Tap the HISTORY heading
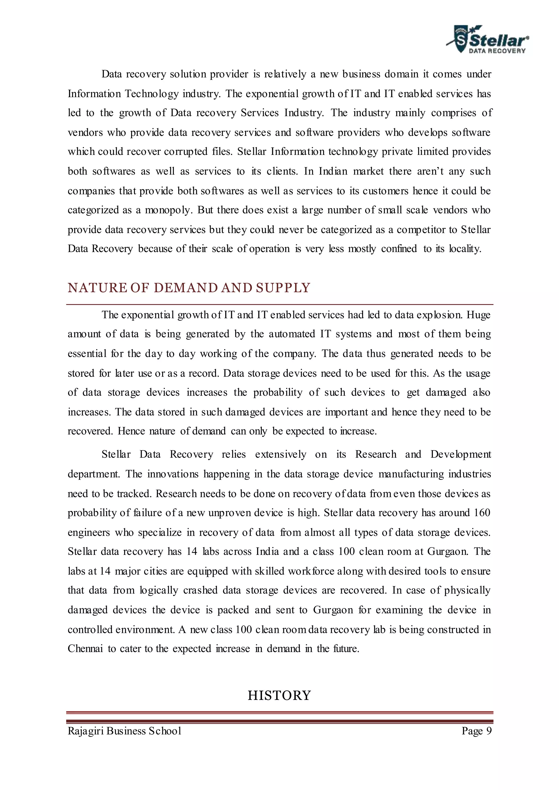(279, 695)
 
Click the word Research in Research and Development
(376, 454)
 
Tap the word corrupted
(186, 152)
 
